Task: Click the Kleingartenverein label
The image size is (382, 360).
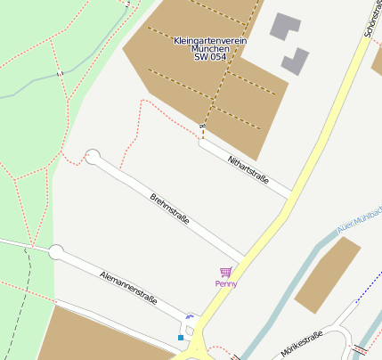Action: [211, 41]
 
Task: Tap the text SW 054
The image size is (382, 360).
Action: [210, 57]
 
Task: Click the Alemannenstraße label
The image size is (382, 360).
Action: [129, 288]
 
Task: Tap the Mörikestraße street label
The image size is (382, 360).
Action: [301, 344]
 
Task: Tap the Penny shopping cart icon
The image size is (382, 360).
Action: [226, 272]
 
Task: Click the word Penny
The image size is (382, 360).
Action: [226, 283]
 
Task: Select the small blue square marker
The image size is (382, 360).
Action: [181, 338]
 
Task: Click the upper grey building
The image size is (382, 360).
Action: [286, 27]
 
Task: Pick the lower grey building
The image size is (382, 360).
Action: [295, 61]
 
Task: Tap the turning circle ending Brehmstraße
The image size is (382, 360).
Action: [93, 158]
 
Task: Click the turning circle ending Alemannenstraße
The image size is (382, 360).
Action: [56, 252]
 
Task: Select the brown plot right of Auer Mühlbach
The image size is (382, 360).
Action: [327, 274]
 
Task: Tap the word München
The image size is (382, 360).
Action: [210, 49]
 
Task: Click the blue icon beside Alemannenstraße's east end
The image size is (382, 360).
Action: [189, 317]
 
